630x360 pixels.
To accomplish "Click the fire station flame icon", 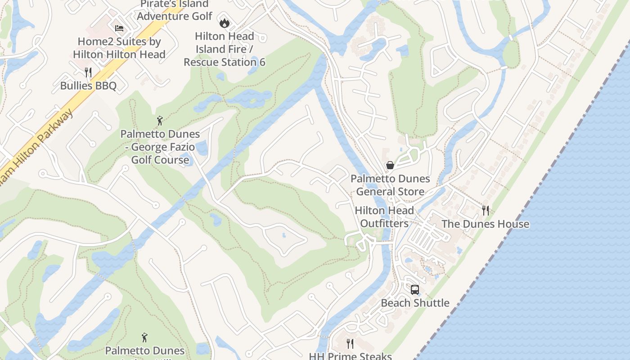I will pyautogui.click(x=224, y=22).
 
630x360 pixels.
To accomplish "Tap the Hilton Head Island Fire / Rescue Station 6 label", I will pyautogui.click(x=225, y=49).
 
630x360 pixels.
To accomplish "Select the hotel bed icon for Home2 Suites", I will pyautogui.click(x=119, y=28).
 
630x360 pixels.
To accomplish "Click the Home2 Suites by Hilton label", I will pyautogui.click(x=119, y=48).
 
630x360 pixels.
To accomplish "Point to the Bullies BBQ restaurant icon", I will pyautogui.click(x=88, y=72).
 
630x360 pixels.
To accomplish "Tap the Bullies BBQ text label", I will pyautogui.click(x=88, y=85).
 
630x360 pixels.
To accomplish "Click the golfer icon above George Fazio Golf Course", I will pyautogui.click(x=160, y=121).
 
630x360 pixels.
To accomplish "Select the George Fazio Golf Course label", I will pyautogui.click(x=160, y=147).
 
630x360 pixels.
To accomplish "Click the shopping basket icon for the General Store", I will pyautogui.click(x=390, y=165).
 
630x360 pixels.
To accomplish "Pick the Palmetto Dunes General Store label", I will pyautogui.click(x=390, y=185).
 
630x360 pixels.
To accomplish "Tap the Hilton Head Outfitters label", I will pyautogui.click(x=384, y=217).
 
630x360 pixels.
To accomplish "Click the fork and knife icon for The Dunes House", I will pyautogui.click(x=485, y=210).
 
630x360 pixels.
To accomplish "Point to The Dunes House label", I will pyautogui.click(x=485, y=224).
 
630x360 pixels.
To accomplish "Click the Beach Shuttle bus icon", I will pyautogui.click(x=415, y=289).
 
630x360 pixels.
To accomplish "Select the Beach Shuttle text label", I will pyautogui.click(x=415, y=303).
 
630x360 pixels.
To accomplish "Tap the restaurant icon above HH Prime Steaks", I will pyautogui.click(x=350, y=344).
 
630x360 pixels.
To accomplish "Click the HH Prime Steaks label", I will pyautogui.click(x=350, y=356).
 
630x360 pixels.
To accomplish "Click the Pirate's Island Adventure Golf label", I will pyautogui.click(x=175, y=10).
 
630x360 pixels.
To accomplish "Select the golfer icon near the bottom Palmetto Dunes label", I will pyautogui.click(x=144, y=337).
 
